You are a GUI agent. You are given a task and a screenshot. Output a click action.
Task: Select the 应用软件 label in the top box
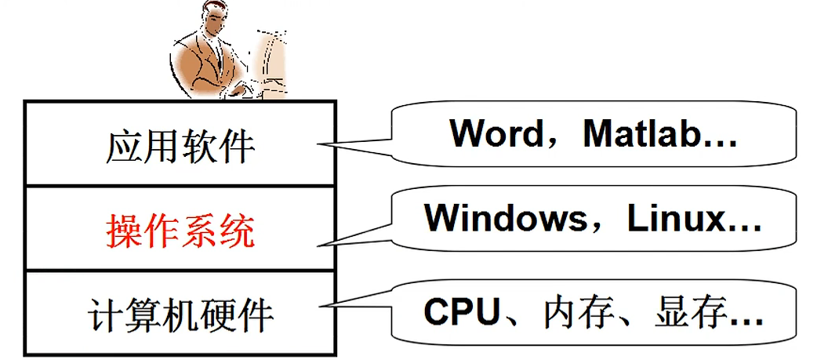pyautogui.click(x=180, y=146)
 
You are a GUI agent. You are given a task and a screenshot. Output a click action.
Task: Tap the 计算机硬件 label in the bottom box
pyautogui.click(x=180, y=315)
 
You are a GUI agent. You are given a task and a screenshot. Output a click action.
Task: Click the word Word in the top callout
pyautogui.click(x=495, y=134)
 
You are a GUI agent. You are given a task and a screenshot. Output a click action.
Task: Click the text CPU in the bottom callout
pyautogui.click(x=462, y=312)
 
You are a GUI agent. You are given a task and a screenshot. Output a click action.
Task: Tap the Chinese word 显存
pyautogui.click(x=680, y=312)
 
